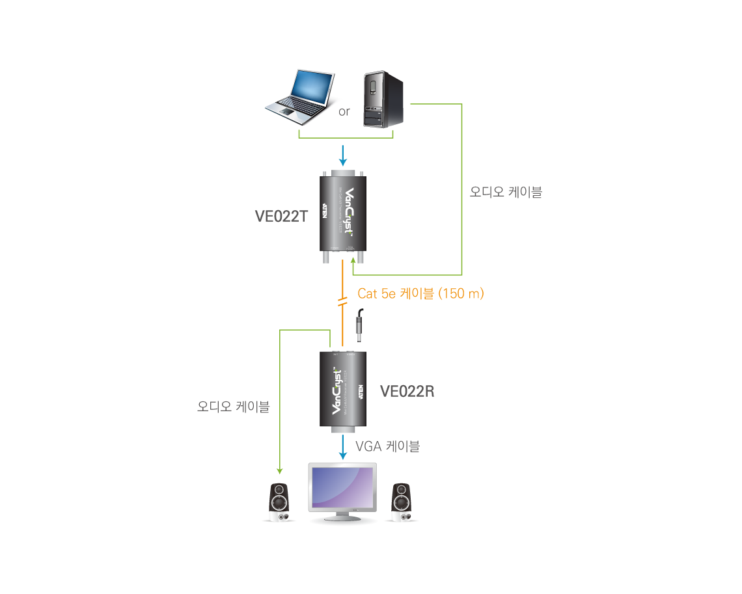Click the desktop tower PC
click(x=383, y=99)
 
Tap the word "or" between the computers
click(x=344, y=112)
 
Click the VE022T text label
click(x=281, y=217)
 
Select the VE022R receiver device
click(x=343, y=390)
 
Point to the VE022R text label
click(x=407, y=392)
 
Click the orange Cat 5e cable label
click(x=420, y=294)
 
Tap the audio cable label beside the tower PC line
click(x=506, y=193)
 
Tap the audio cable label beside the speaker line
click(x=233, y=407)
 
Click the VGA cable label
click(x=387, y=446)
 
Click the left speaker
click(x=280, y=502)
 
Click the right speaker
click(x=401, y=502)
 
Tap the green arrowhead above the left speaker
click(x=279, y=470)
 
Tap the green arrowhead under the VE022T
click(x=353, y=263)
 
